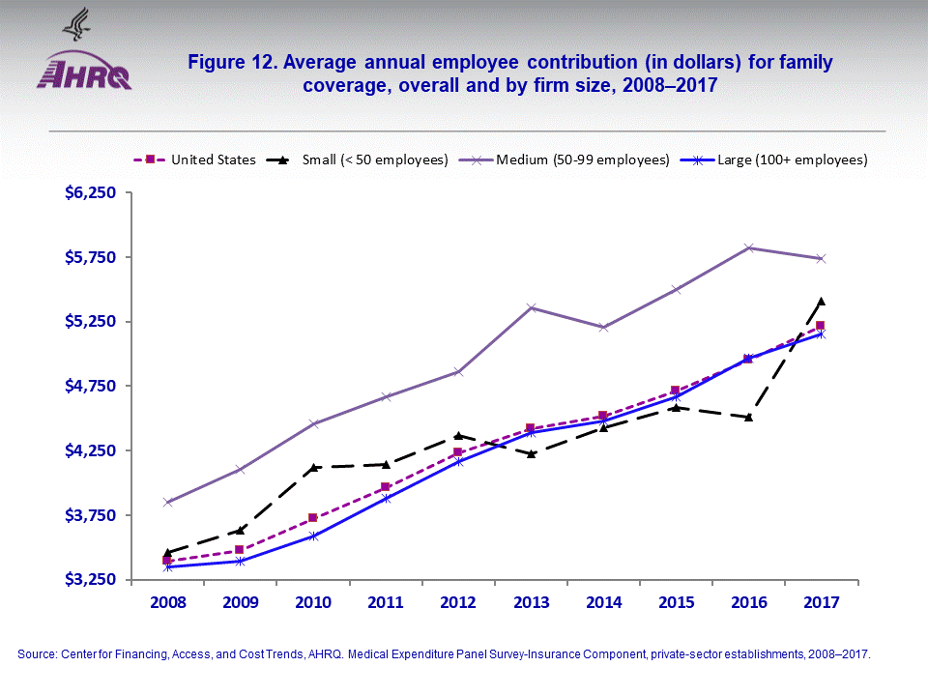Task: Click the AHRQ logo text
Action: pyautogui.click(x=84, y=75)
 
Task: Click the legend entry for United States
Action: pyautogui.click(x=213, y=159)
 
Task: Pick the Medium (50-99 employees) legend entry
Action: pyautogui.click(x=579, y=159)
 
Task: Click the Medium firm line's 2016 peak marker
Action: pyautogui.click(x=748, y=247)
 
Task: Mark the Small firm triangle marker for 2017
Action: pyautogui.click(x=821, y=301)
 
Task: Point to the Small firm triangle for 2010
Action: pyautogui.click(x=313, y=467)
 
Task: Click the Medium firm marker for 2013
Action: pyautogui.click(x=531, y=307)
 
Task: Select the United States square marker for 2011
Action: pyautogui.click(x=386, y=486)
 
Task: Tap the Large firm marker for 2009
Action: pyautogui.click(x=240, y=561)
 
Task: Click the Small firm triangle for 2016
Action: pyautogui.click(x=748, y=417)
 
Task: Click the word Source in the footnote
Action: pyautogui.click(x=35, y=654)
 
